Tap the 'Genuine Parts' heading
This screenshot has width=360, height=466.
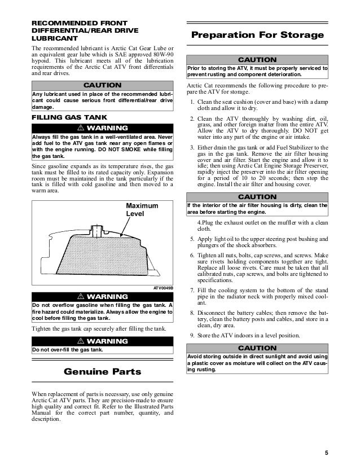(x=103, y=372)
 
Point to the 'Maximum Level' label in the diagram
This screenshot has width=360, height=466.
(x=142, y=209)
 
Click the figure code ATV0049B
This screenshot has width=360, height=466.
(x=164, y=287)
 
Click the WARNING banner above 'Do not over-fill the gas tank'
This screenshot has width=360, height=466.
(x=103, y=341)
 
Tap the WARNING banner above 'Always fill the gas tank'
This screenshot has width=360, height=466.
(x=103, y=127)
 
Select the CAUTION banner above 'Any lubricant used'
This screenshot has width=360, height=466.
(x=103, y=85)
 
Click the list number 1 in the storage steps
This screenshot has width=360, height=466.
(x=193, y=102)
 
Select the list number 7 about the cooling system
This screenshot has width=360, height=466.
(x=193, y=290)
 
